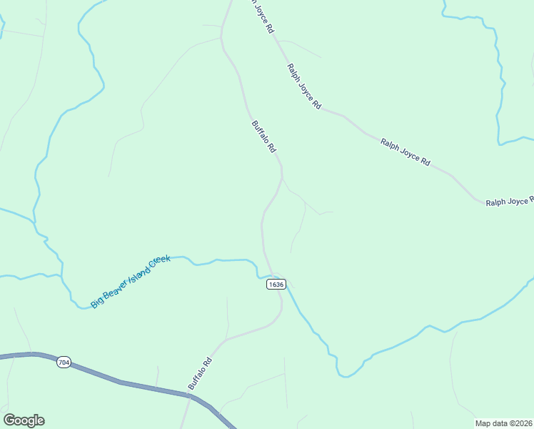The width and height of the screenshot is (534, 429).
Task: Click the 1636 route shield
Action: coord(276,285)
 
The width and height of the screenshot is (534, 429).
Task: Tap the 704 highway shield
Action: coord(64,363)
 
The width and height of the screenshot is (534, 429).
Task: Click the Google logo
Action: coord(24,420)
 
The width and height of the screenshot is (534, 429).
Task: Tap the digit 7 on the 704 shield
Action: coord(60,363)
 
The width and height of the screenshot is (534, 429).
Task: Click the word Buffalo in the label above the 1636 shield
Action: coord(261,132)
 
